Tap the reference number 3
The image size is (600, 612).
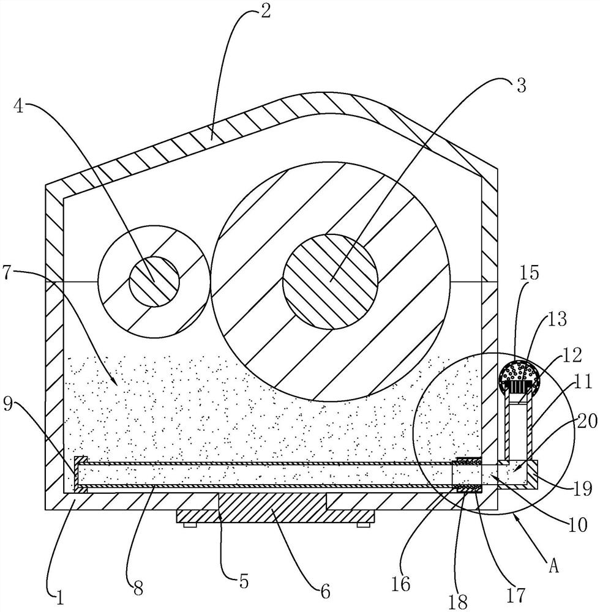click(520, 86)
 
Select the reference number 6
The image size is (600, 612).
click(325, 591)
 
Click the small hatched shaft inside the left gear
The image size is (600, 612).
click(154, 282)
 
